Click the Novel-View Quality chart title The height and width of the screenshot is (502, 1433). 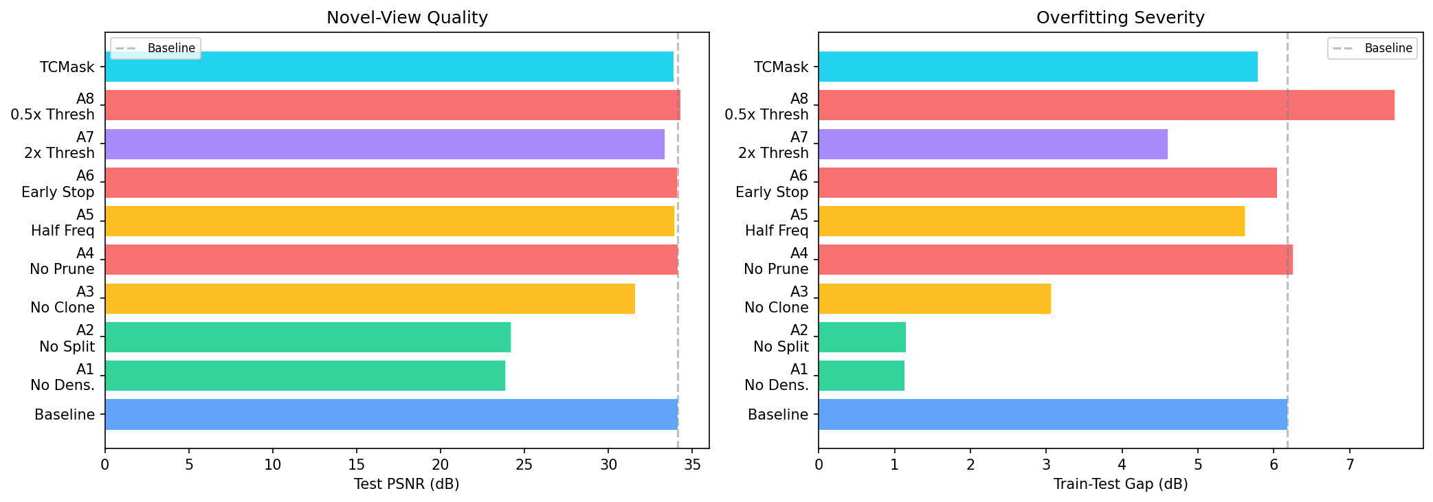tap(407, 18)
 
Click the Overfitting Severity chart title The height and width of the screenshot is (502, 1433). tap(1120, 18)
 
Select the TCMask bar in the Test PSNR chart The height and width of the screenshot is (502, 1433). tap(389, 67)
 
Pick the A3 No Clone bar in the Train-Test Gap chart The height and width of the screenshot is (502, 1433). tap(934, 299)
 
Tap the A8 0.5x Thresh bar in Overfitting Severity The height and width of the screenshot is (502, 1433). tap(1106, 105)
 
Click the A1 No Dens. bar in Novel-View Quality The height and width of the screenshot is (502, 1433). tap(304, 376)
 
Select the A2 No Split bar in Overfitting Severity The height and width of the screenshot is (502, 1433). tap(862, 337)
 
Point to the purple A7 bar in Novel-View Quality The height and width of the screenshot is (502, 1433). tap(384, 144)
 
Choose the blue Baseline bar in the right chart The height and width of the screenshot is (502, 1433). tap(1052, 414)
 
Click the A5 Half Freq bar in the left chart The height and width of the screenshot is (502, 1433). tap(389, 221)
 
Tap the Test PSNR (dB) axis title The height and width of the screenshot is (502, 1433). tap(406, 484)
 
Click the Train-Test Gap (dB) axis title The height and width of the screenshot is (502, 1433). tap(1120, 484)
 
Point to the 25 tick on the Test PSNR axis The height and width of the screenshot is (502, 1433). tap(524, 465)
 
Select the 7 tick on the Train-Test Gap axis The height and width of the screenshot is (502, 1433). tap(1350, 465)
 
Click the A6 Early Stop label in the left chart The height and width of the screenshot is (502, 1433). tap(58, 184)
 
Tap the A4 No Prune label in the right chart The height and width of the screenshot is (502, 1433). tap(776, 261)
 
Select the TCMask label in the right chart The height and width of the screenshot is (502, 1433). tap(781, 67)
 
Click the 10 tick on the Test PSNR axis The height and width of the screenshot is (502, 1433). tap(273, 465)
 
